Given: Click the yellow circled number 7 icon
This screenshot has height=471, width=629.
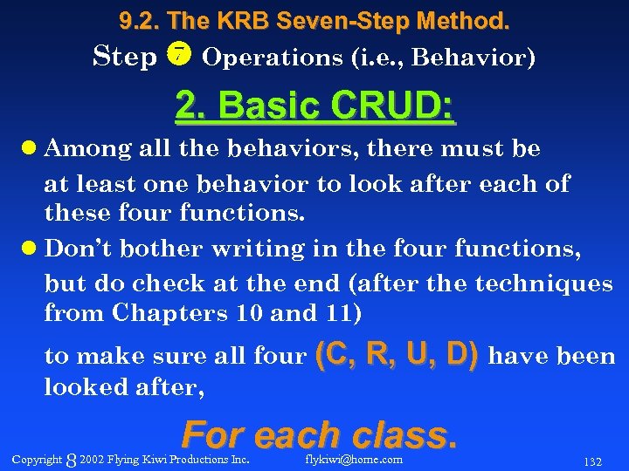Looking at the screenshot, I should (178, 56).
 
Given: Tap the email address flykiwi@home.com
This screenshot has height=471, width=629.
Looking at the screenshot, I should (354, 459).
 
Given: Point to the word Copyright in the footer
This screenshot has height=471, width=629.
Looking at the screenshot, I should (38, 460).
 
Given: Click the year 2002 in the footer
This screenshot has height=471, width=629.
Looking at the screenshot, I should (91, 460).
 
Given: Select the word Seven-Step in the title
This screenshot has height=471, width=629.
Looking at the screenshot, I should (336, 18).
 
